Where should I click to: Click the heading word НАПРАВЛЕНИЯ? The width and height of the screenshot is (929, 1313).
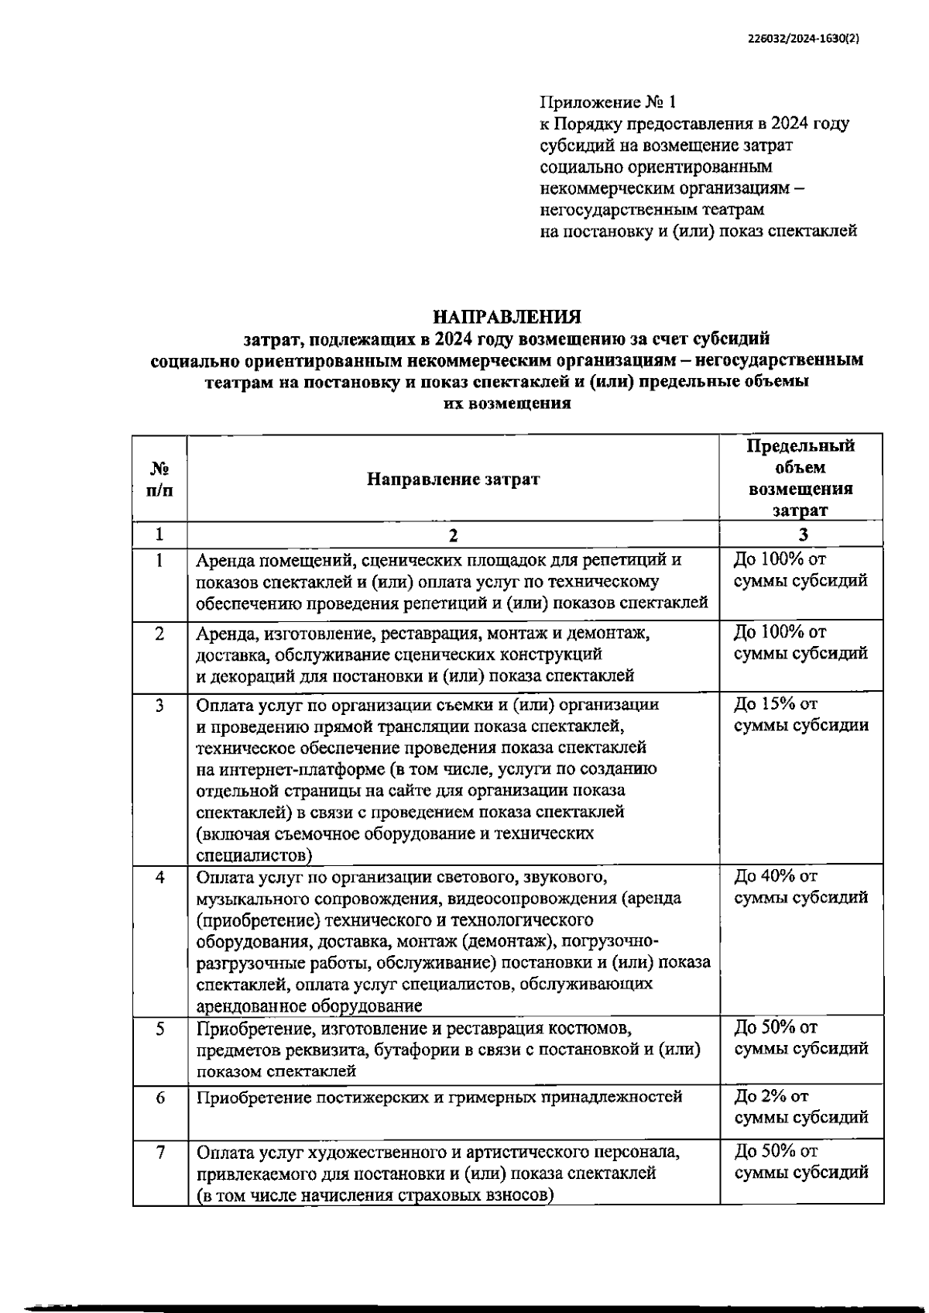[507, 317]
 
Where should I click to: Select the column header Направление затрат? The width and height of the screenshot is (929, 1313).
[453, 479]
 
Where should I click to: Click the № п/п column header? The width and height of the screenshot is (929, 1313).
[159, 479]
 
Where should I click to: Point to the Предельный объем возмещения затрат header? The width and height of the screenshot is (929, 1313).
[801, 477]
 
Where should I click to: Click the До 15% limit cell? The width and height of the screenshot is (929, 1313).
[800, 714]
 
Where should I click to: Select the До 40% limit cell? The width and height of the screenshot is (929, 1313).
[800, 886]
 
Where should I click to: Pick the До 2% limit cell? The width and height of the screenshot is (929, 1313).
[800, 1107]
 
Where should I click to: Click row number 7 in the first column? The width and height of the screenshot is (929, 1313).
[160, 1152]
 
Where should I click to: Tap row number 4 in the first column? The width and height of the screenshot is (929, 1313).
[160, 877]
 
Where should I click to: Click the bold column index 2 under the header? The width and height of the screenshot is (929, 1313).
[453, 534]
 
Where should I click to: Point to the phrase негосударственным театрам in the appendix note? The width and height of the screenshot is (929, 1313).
[652, 209]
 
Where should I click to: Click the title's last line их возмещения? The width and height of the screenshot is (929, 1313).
[507, 403]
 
